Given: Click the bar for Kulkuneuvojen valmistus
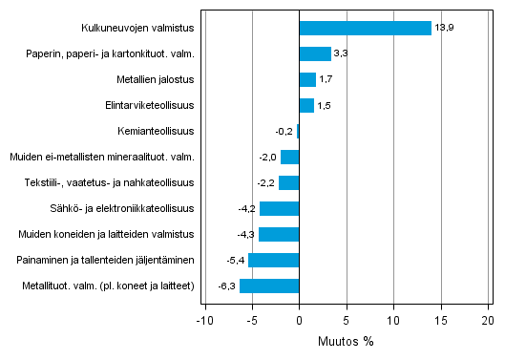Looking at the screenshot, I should click(365, 29).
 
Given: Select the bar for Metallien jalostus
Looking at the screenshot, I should click(307, 80).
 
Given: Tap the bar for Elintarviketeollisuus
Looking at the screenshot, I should click(306, 106).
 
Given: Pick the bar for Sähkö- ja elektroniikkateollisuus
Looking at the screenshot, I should click(280, 208).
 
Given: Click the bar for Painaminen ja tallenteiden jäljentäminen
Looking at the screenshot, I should click(274, 260).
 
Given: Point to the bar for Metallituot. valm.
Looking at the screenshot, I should click(269, 286).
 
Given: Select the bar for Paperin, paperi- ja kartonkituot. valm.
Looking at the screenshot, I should click(315, 54).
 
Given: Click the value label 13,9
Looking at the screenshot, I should click(444, 29).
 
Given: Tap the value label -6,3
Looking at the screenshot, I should click(226, 286).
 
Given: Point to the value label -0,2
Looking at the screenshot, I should click(284, 132).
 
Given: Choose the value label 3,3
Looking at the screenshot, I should click(341, 54).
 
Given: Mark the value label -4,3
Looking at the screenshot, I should click(245, 234).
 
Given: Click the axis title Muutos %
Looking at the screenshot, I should click(347, 341).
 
